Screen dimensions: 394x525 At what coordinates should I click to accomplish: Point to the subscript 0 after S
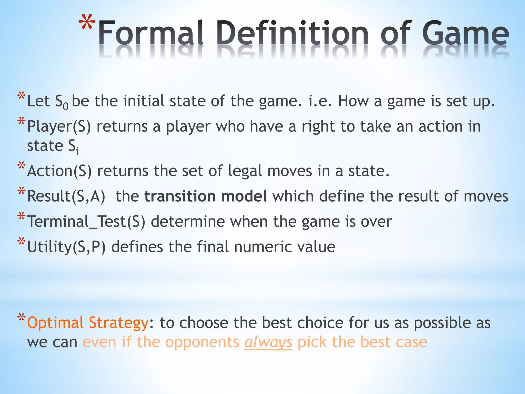[x=66, y=106]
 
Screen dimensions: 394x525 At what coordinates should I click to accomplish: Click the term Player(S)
[x=59, y=127]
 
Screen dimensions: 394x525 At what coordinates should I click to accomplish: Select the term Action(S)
[x=59, y=171]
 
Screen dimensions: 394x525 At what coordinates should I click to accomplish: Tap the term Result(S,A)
[x=66, y=196]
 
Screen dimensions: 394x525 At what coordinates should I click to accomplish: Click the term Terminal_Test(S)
[x=86, y=222]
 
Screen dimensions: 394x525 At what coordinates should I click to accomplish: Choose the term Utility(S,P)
[x=66, y=247]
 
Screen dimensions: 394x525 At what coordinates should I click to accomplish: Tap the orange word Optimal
[x=55, y=323]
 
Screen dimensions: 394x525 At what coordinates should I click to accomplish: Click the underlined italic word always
[x=268, y=342]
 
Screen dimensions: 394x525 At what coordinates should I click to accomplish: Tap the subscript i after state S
[x=77, y=151]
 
